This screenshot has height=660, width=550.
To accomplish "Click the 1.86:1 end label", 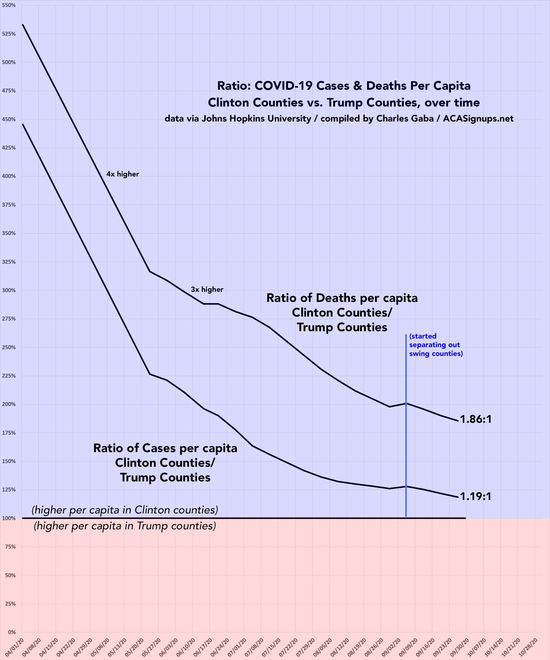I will pos(475,419).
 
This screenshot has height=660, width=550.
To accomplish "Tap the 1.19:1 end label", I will pos(475,496).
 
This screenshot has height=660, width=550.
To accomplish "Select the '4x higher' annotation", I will pos(123,174).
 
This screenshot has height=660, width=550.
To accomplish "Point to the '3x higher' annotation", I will pos(207,289).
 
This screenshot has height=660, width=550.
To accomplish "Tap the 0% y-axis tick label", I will pos(12,632).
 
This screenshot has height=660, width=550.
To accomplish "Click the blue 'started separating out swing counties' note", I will pos(435,345).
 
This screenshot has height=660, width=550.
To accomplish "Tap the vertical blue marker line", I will pos(406,440).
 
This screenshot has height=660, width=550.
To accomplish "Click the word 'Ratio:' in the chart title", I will pos(234,86).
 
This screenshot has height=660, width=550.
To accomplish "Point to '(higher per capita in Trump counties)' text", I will pos(125,526).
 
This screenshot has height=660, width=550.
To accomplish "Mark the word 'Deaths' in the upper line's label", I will pos(336,298).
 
